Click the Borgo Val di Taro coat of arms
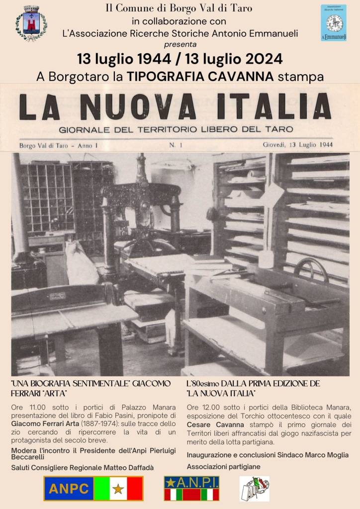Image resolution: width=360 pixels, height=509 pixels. tap(31, 23)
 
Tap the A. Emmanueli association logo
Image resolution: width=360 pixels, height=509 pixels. tap(333, 23)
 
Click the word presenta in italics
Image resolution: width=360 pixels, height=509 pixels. tap(180, 44)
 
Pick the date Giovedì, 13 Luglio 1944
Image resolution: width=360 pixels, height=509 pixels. tap(298, 145)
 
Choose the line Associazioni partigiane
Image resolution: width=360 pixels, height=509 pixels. tap(223, 467)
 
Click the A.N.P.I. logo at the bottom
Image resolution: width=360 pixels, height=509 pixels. tap(191, 488)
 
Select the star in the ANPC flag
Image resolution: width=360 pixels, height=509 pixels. tap(118, 489)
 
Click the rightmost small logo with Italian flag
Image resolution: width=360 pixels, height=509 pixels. tap(255, 489)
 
